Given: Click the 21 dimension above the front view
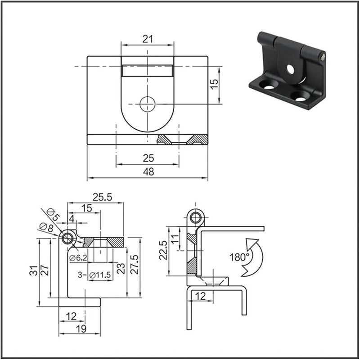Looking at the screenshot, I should pos(147,39).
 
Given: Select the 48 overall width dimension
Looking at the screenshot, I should pos(148,172).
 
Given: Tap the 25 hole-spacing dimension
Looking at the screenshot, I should pos(148,158).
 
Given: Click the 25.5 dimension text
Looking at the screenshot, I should pos(102,197).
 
